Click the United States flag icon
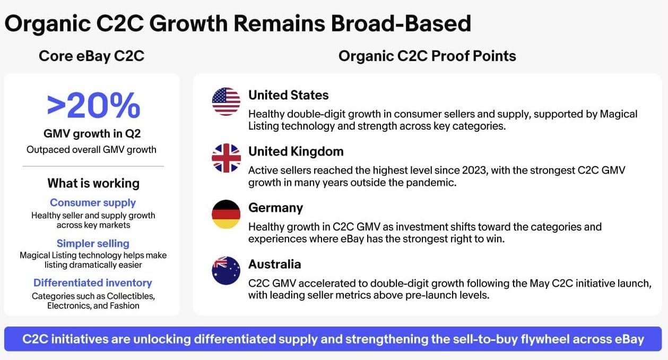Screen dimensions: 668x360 226,101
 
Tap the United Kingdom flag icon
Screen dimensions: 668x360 226,158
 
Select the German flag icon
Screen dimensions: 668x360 226,214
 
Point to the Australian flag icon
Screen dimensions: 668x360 226,270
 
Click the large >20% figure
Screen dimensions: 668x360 93,105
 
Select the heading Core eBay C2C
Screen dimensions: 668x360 92,56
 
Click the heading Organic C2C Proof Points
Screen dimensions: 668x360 427,56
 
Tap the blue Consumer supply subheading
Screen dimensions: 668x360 93,203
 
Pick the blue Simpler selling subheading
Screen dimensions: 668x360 93,244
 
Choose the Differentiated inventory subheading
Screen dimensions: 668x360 93,282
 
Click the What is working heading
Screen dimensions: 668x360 93,183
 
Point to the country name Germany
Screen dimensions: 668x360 275,208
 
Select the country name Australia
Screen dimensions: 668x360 275,264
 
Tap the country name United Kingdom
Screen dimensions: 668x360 296,152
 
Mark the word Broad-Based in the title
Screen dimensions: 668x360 401,23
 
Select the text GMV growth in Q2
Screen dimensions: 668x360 92,134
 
